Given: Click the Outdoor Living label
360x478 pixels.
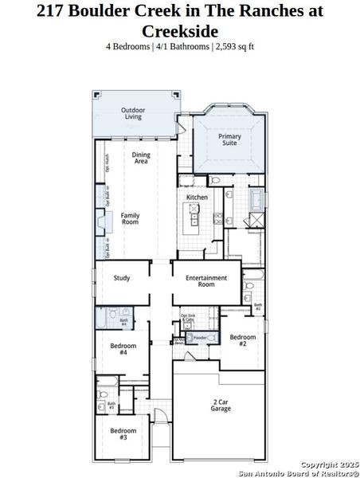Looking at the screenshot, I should click(x=132, y=114).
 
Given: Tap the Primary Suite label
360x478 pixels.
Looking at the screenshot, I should click(x=230, y=139).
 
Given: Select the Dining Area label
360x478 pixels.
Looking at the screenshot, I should click(x=141, y=159).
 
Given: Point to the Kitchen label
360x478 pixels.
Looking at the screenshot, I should click(x=198, y=197).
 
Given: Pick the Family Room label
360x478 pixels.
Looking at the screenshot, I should click(x=130, y=218).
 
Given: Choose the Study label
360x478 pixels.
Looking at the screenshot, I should click(x=122, y=278).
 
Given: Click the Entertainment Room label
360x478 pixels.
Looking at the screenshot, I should click(x=206, y=281).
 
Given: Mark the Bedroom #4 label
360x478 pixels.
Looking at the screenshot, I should click(x=123, y=349).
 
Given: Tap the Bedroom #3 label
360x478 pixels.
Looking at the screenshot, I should click(x=123, y=434).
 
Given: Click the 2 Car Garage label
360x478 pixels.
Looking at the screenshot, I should click(x=221, y=405).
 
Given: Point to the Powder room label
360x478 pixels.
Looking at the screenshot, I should click(x=200, y=338).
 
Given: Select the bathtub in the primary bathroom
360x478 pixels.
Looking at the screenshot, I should click(x=260, y=199).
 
